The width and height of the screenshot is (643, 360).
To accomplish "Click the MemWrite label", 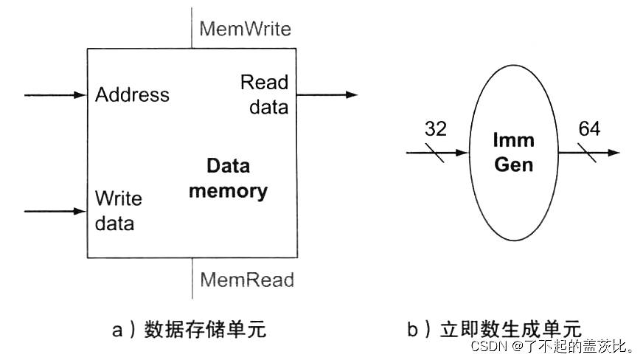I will (x=245, y=29).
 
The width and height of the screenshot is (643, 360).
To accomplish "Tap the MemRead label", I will (x=246, y=280).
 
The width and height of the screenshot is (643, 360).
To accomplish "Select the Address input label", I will (x=132, y=94).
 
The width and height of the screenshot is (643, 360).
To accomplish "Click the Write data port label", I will (x=118, y=211).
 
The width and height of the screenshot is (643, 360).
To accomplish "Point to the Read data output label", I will (x=263, y=94).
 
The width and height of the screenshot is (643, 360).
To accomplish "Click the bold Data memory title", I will (x=227, y=179).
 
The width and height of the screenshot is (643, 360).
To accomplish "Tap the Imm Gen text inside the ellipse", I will (x=513, y=152).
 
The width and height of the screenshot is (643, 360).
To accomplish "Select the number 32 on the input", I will (x=436, y=129).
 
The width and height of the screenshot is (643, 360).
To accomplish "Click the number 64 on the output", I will (x=588, y=129).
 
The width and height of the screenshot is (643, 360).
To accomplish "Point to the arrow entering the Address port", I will (x=55, y=95).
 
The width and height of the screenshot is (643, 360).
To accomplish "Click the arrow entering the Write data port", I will (x=55, y=211).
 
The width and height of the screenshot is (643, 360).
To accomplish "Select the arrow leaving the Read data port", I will (x=327, y=95).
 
